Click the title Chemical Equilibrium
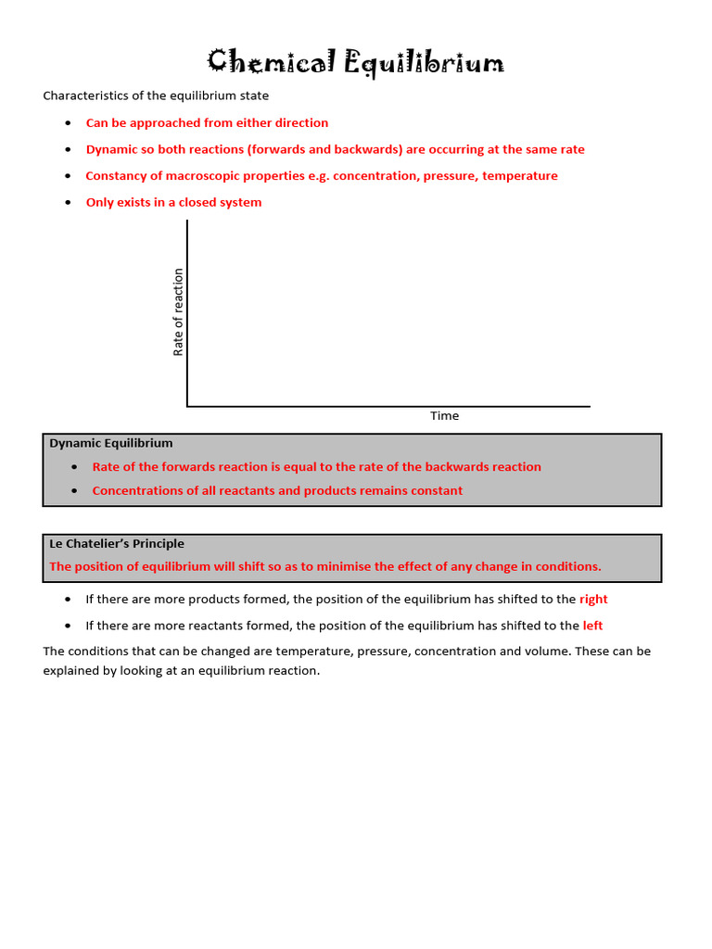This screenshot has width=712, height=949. click(x=356, y=63)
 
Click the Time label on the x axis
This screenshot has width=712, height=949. click(x=444, y=416)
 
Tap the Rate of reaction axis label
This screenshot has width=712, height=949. click(x=179, y=312)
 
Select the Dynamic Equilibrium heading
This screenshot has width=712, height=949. click(x=110, y=444)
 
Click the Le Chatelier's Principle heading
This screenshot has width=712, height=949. click(x=117, y=544)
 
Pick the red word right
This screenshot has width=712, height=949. click(x=593, y=600)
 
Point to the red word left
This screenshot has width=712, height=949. click(x=592, y=626)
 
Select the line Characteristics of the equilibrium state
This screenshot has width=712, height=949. click(x=156, y=96)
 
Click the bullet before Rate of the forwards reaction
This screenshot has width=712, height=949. click(x=74, y=467)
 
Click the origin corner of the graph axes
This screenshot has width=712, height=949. click(x=187, y=406)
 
